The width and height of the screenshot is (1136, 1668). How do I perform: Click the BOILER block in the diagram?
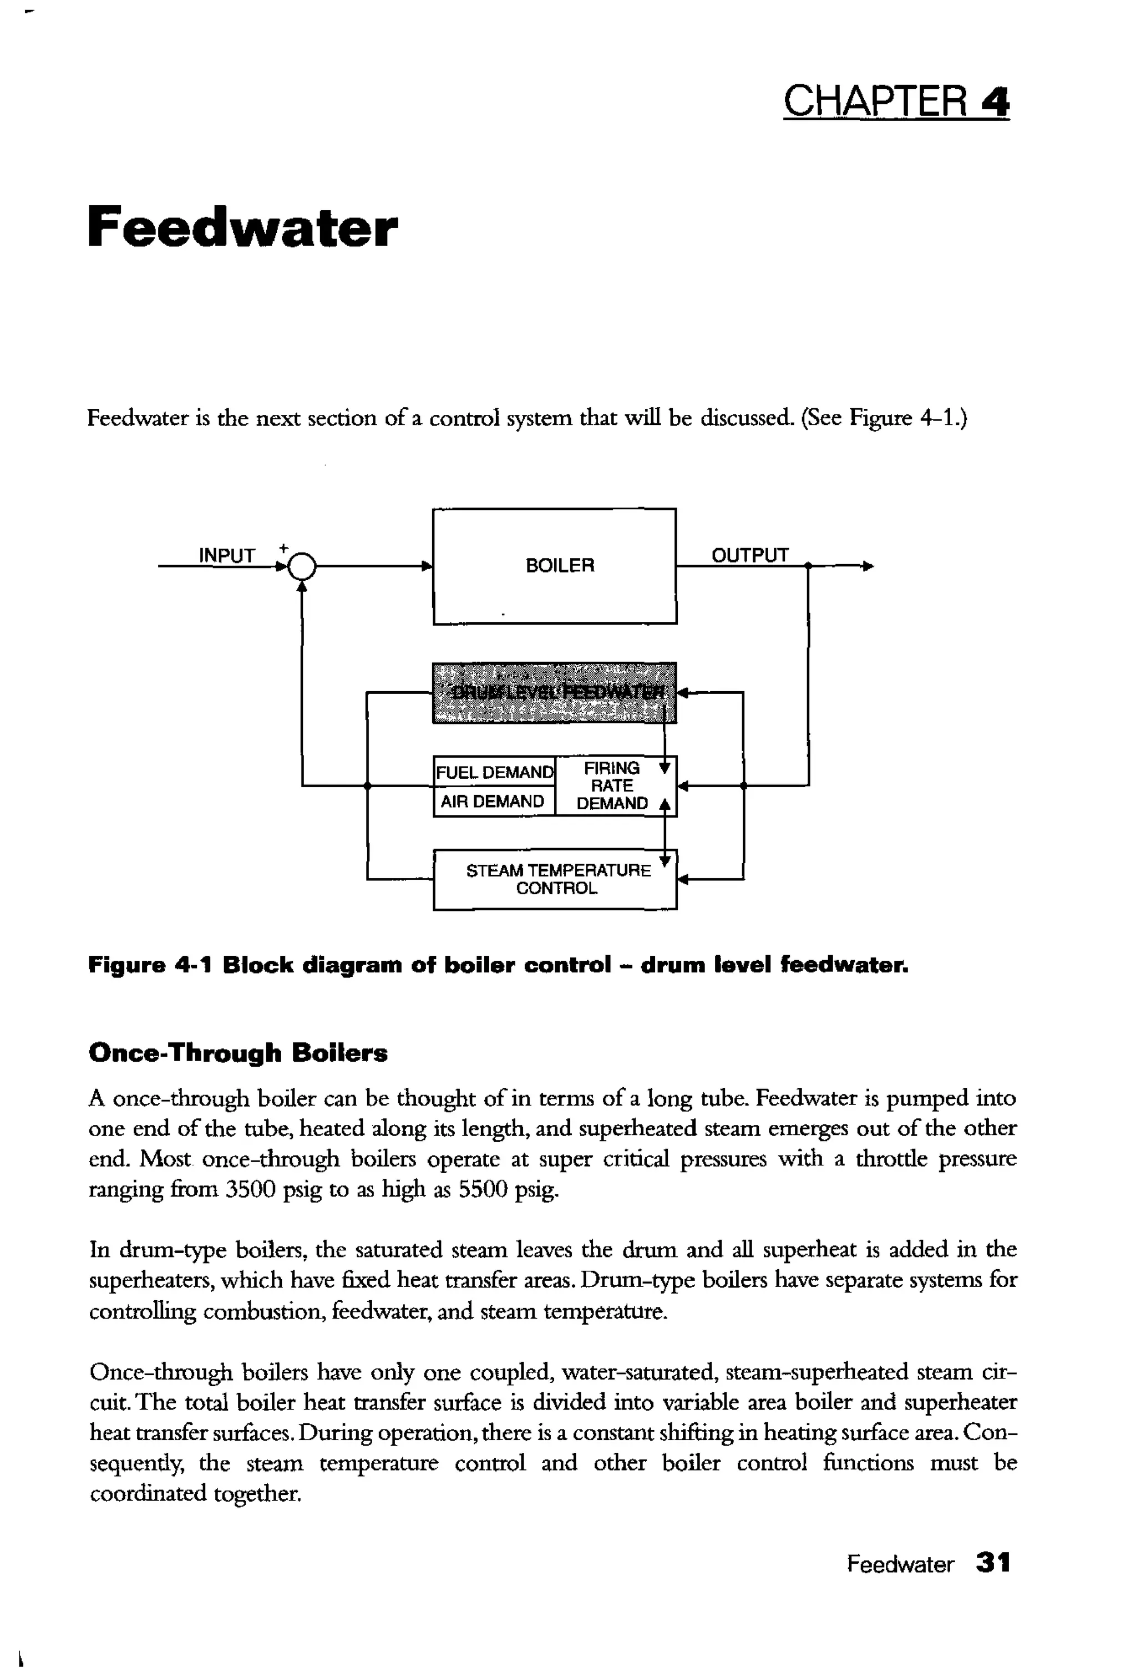(554, 566)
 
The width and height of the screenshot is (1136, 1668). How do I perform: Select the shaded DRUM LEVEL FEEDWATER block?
(554, 693)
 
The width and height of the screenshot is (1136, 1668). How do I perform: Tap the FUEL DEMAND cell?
(494, 772)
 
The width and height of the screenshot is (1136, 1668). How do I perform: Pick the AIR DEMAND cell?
(493, 801)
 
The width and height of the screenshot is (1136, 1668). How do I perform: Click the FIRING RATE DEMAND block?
(612, 786)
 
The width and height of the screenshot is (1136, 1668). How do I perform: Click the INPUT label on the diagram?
(227, 555)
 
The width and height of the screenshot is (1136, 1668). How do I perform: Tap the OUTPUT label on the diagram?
(749, 555)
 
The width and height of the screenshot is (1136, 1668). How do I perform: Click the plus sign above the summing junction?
(283, 547)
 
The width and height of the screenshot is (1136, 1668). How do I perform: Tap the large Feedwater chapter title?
(242, 227)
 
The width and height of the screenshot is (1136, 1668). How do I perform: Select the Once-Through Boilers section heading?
(237, 1053)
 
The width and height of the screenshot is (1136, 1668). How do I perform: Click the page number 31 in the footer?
(992, 1563)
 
